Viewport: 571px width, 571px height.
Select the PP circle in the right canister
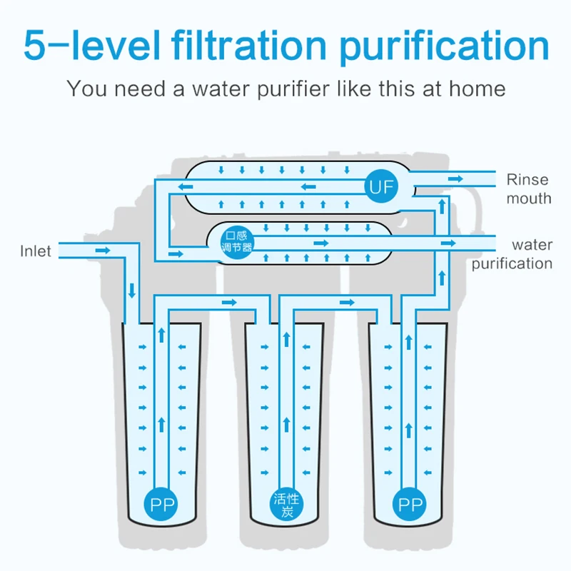point(410,505)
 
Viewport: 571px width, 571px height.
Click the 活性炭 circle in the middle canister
point(287,504)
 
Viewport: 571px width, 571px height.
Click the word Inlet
point(36,251)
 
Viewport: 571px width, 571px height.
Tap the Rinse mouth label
point(529,189)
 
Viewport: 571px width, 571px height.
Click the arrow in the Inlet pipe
point(103,251)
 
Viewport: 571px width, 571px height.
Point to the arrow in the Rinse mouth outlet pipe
point(454,176)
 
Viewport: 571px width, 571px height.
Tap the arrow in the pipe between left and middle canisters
point(228,303)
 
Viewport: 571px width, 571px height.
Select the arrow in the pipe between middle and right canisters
point(348,303)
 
